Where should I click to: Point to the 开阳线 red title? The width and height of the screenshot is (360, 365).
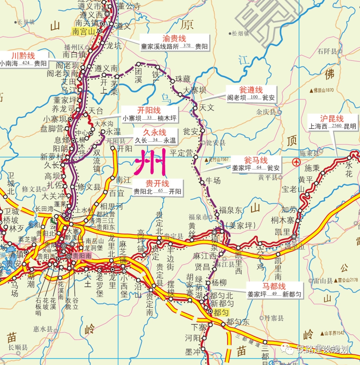[149, 110]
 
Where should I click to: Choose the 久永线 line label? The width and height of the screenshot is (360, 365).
[155, 132]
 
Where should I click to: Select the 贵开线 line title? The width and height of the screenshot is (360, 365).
[157, 184]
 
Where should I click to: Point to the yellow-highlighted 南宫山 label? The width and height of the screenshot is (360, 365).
[83, 32]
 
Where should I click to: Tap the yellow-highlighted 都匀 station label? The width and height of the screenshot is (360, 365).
[221, 312]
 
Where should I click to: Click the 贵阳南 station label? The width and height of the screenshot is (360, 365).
[82, 256]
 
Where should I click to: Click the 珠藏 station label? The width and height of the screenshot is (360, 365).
[183, 79]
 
